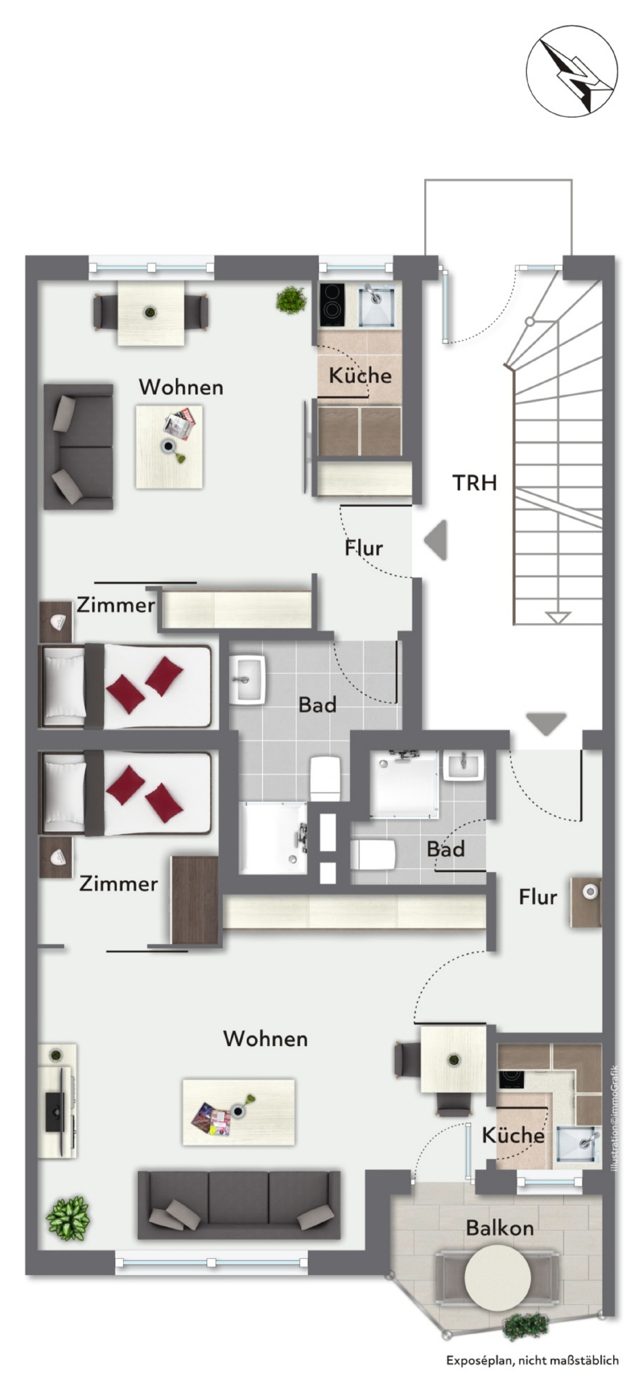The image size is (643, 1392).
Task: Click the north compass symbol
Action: pos(572,71)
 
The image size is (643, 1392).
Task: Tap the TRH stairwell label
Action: pos(474,483)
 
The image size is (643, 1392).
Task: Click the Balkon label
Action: pos(500,1228)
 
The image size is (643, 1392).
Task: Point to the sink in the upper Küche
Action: pos(376,305)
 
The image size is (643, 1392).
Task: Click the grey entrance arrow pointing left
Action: pos(436,540)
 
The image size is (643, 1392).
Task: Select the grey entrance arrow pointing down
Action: pos(546,724)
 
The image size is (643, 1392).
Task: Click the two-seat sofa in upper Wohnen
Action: pos(78,447)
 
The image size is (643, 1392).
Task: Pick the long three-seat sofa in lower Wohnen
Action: pos(239,1204)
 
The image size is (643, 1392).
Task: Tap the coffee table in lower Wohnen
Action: pos(239,1112)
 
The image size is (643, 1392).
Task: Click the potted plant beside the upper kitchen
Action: pos(291,300)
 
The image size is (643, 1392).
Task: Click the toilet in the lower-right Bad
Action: pos(373,854)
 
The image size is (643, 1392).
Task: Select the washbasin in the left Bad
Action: pos(247,680)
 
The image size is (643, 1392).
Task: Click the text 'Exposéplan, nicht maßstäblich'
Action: pos(532,1360)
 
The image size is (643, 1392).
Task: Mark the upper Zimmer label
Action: pos(116,604)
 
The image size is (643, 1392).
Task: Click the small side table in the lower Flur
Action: pos(586,901)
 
